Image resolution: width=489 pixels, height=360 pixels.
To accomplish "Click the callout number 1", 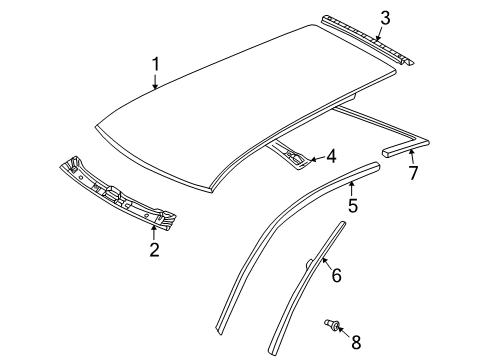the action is click(x=156, y=64).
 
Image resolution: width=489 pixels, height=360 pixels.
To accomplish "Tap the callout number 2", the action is click(x=154, y=250).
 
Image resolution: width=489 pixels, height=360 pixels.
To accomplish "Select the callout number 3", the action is click(x=385, y=18).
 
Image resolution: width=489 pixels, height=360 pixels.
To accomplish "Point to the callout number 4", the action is click(x=331, y=156).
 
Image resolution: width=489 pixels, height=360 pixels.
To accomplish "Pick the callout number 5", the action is click(x=353, y=205).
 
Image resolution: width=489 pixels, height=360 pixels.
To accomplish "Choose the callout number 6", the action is click(x=337, y=275).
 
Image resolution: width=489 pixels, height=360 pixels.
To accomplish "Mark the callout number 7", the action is click(x=413, y=173).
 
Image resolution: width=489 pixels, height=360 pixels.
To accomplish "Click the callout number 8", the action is click(x=356, y=342).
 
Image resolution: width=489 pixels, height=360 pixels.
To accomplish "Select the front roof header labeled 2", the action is click(x=117, y=193).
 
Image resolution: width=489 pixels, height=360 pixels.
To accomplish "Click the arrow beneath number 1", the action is click(x=155, y=82).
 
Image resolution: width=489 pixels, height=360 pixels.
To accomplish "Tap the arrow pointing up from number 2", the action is click(x=154, y=233).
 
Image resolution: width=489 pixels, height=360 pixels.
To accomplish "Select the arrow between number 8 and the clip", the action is click(x=343, y=332).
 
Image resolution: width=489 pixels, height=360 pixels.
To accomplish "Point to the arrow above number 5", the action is click(x=351, y=188).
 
